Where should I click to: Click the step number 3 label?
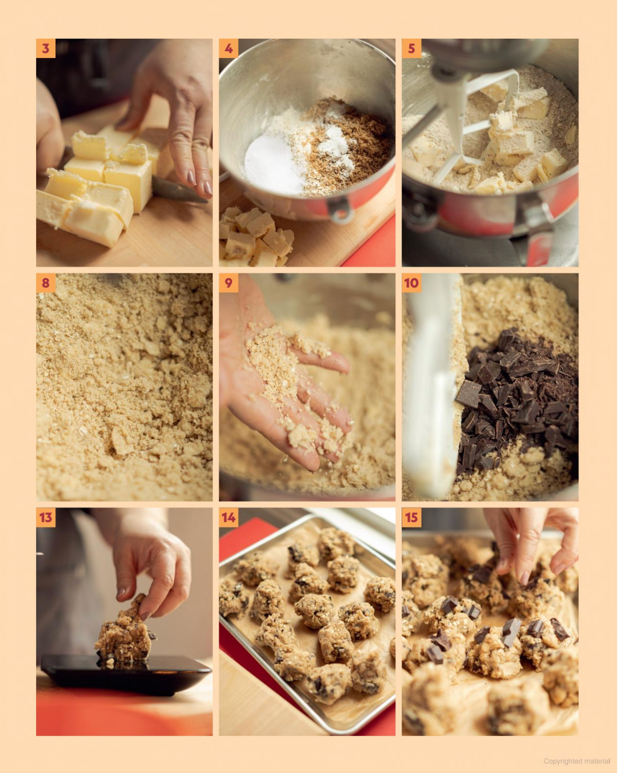tap(46, 48)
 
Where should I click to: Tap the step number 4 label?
tap(228, 48)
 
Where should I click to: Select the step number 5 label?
tap(412, 48)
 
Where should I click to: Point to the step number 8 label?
tap(46, 283)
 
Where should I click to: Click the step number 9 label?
tap(228, 283)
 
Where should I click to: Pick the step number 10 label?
tap(412, 283)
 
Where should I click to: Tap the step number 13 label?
tap(46, 517)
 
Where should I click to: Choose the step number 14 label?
tap(228, 517)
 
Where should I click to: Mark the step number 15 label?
tap(412, 517)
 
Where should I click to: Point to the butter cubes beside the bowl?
tap(255, 237)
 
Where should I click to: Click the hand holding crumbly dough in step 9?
tap(284, 377)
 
